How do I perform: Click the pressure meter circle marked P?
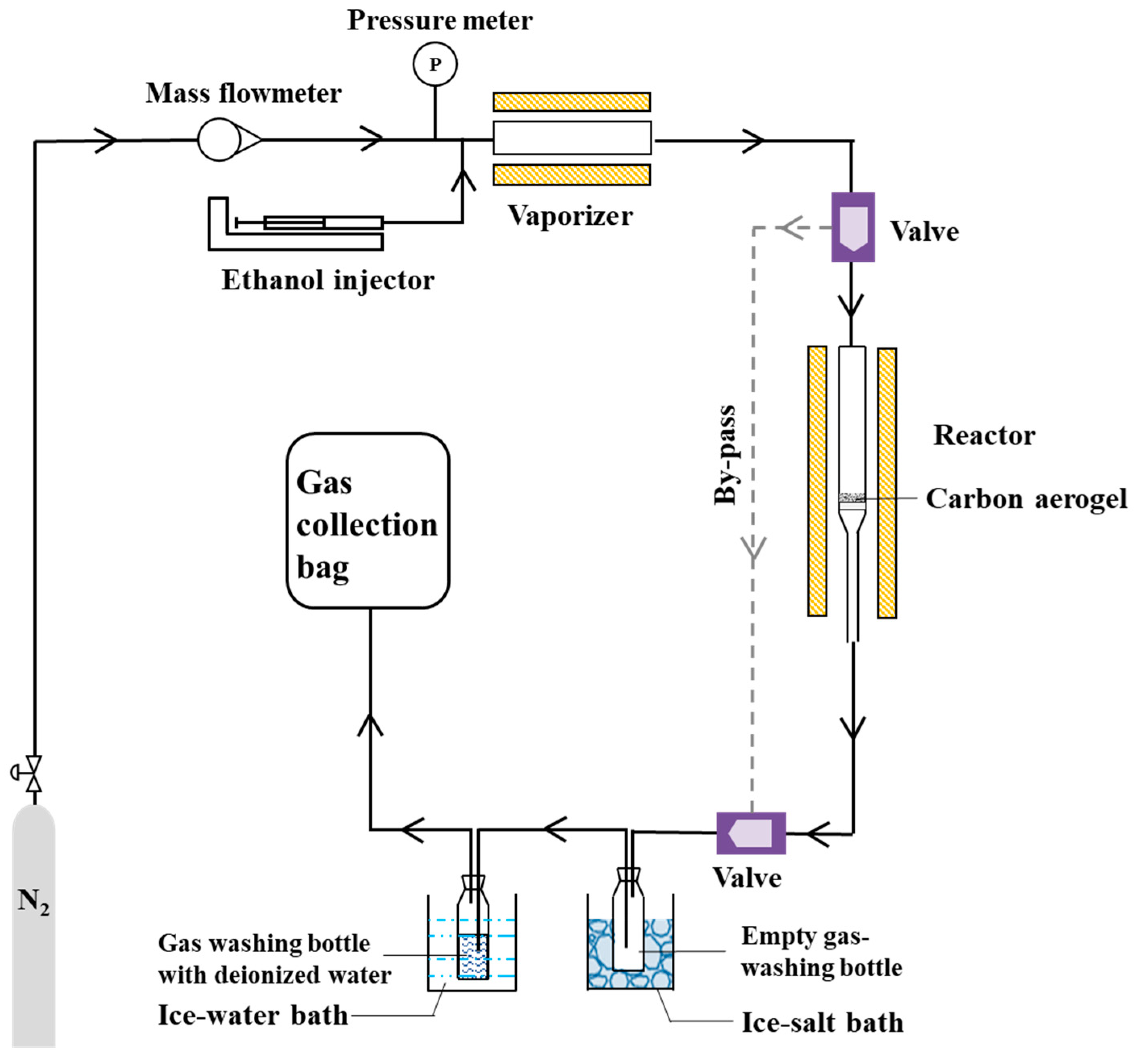[435, 64]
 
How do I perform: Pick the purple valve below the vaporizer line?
[853, 227]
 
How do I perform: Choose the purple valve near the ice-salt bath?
[751, 833]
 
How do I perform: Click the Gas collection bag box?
[367, 520]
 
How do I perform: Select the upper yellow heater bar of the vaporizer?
[571, 102]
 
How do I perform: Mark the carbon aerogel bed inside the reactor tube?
[852, 497]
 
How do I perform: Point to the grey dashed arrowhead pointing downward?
[753, 548]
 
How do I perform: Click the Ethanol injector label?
[328, 280]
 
